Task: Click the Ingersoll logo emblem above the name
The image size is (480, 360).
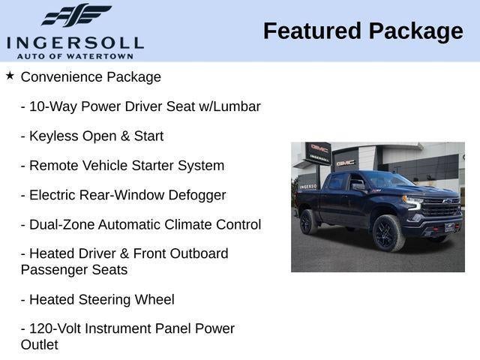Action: click(75, 15)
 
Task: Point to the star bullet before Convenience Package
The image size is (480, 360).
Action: click(10, 76)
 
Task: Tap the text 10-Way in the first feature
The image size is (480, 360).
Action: click(52, 106)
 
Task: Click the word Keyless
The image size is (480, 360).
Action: click(52, 136)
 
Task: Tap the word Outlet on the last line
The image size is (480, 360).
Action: click(39, 345)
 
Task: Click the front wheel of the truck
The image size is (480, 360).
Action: click(388, 233)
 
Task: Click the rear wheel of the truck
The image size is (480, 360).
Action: click(307, 222)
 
